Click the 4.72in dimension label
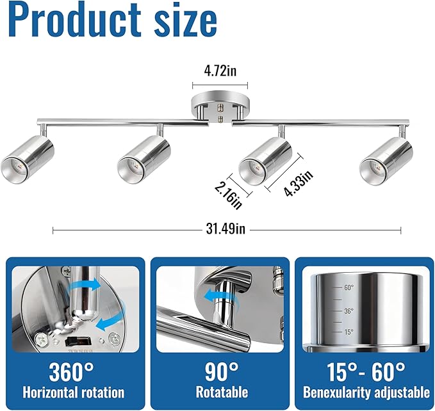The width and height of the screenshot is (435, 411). click(x=220, y=70)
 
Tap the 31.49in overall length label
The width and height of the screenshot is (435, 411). click(x=226, y=229)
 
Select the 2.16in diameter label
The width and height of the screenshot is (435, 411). click(x=228, y=196)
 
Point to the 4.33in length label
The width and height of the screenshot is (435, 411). click(x=299, y=183)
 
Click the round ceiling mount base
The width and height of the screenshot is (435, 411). click(x=220, y=106)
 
